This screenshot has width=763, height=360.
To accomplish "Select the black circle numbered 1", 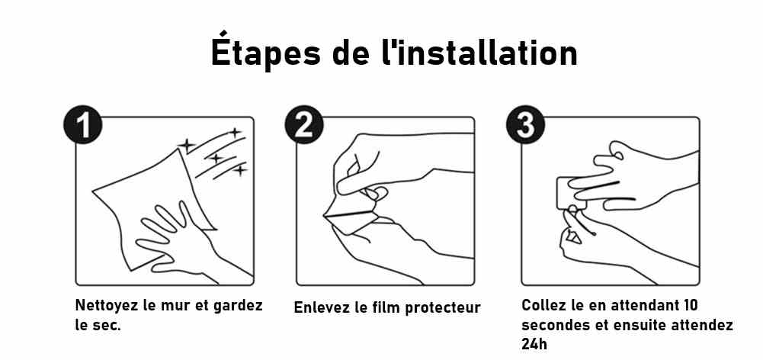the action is click(82, 125).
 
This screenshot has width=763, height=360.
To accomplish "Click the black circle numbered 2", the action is click(304, 125).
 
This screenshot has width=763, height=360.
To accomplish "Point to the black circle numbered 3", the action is click(525, 125).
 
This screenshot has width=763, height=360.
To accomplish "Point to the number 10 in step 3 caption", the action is click(690, 305).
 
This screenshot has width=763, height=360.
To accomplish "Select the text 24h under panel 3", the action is click(534, 344).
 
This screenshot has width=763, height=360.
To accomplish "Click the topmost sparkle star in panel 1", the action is click(235, 133).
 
